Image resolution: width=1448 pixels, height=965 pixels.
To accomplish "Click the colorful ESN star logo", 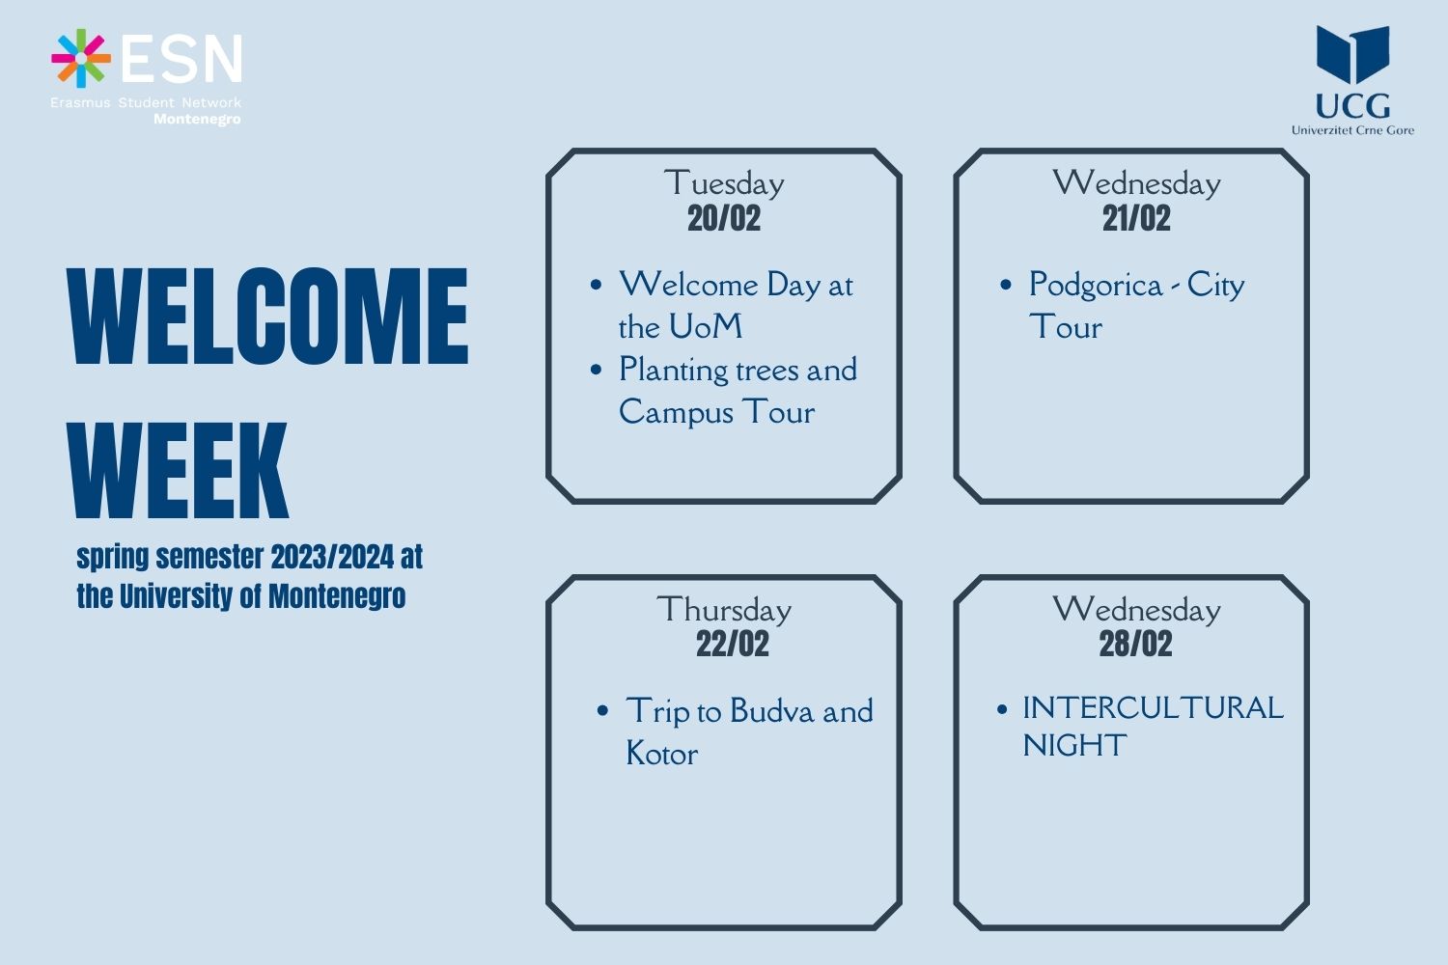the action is [81, 58].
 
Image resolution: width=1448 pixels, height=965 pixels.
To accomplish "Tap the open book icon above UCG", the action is [1353, 55].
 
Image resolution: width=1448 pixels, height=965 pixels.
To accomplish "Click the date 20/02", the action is [724, 218].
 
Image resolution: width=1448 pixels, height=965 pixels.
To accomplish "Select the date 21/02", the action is [1136, 218].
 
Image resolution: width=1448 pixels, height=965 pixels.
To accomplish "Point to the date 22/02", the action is [733, 644].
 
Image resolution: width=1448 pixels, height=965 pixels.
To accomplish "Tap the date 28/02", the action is [1136, 644].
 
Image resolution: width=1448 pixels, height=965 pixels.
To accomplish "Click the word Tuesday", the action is [724, 183].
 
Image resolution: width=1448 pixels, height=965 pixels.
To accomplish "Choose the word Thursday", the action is [724, 610].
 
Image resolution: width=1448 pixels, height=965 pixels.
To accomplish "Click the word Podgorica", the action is [1096, 286].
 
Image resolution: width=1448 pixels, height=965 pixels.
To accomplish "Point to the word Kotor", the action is [662, 754].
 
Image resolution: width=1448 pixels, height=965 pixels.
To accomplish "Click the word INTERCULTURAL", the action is [1154, 707].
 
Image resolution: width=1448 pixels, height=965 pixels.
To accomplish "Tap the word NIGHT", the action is [1074, 745].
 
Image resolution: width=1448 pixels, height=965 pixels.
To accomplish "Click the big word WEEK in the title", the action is [178, 470].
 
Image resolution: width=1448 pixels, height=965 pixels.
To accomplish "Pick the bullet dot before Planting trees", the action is [596, 370].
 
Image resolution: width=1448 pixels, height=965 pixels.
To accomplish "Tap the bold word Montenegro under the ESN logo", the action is [197, 120].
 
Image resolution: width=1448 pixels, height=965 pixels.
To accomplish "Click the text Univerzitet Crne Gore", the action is [1352, 130].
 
